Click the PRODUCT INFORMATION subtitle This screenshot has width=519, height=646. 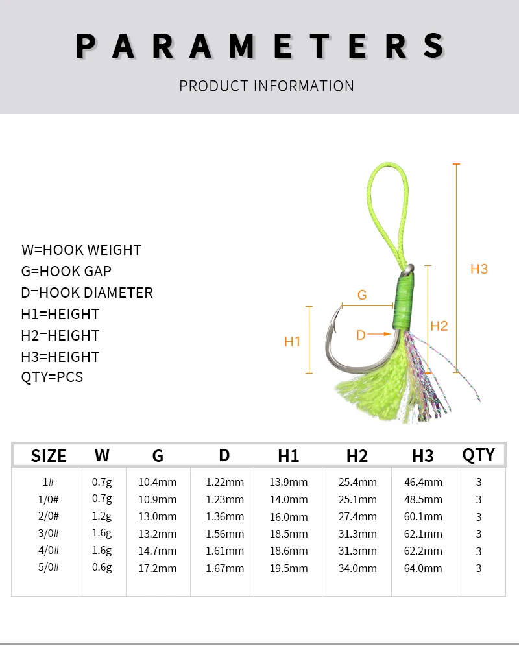tap(267, 86)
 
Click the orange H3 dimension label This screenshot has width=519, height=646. tap(479, 269)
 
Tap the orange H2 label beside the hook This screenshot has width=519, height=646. tap(439, 326)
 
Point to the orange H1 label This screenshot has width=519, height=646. tap(293, 342)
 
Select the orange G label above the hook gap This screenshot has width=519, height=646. tap(362, 295)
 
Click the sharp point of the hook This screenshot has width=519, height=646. tap(342, 305)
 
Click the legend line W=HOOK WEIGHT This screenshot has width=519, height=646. tap(81, 250)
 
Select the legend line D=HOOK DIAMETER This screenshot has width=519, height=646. tap(87, 293)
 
